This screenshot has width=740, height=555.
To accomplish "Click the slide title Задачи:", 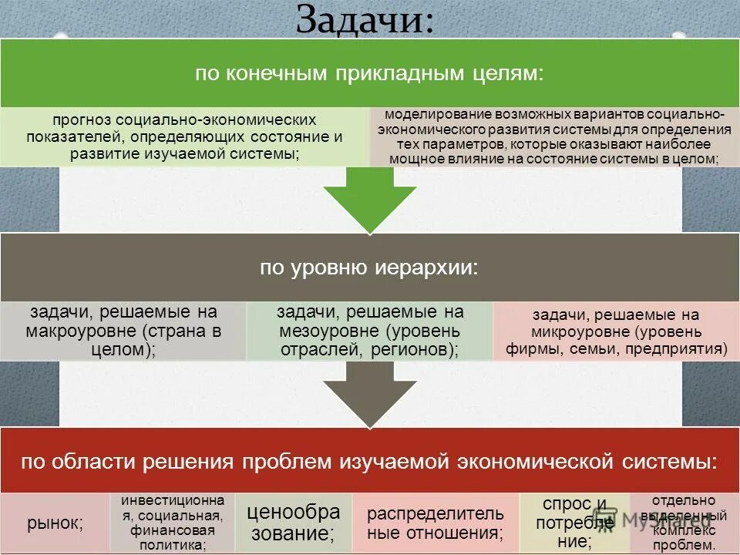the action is point(365,21).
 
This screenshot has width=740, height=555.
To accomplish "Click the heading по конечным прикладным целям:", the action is point(368,74).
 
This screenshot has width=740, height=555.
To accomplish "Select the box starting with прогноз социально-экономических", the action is point(184,137).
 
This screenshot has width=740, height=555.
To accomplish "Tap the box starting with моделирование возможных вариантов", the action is point(554,136).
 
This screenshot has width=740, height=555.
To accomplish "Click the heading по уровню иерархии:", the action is point(368,267).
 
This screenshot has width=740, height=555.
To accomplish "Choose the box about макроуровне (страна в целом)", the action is point(123,331).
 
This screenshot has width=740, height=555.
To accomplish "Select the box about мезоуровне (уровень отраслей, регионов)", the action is point(369,331).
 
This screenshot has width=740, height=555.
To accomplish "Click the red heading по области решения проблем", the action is point(368,462).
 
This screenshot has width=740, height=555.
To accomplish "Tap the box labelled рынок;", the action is point(55,523).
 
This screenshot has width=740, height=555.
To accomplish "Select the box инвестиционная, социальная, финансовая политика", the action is point(173,523).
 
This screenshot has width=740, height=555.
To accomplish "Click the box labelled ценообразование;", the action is point(293,523).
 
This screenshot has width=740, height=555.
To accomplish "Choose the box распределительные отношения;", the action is point(435,523).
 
